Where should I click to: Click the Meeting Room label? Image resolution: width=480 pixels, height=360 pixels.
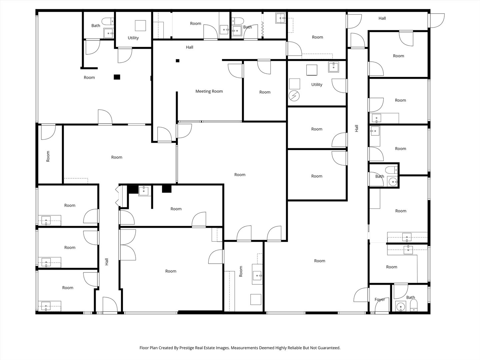(x=209, y=91)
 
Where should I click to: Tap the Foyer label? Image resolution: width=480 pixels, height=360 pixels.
(x=380, y=300)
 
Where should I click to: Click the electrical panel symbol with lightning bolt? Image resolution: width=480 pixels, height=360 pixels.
(x=294, y=96)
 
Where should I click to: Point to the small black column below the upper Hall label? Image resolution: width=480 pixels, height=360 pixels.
(x=178, y=61)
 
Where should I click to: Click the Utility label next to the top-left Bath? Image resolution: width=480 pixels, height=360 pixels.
(x=133, y=38)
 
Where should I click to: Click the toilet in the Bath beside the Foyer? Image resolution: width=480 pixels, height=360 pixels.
(x=413, y=305)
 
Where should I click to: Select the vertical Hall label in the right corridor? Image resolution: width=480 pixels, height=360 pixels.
(x=357, y=128)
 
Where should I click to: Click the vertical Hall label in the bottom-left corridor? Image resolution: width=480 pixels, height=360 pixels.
(x=107, y=262)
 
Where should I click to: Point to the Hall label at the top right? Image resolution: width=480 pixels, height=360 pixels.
(x=382, y=18)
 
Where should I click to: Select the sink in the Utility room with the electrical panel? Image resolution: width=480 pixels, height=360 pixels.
(x=333, y=67)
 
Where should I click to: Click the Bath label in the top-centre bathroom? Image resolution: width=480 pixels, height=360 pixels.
(x=247, y=27)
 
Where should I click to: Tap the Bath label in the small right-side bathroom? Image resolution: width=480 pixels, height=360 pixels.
(x=380, y=176)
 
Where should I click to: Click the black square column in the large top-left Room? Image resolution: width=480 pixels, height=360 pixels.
(x=117, y=77)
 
